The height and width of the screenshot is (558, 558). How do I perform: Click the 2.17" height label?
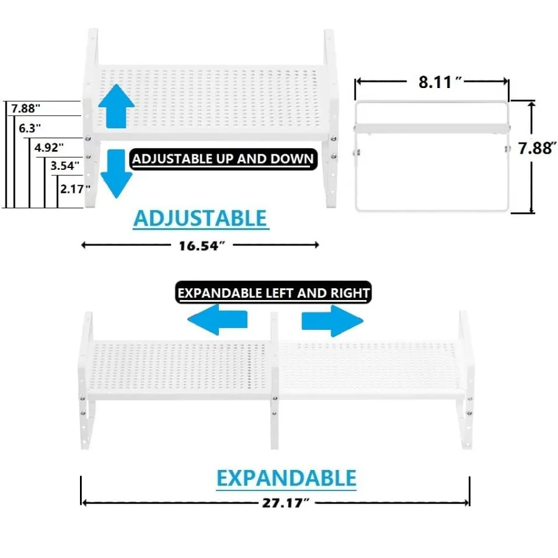[75, 189]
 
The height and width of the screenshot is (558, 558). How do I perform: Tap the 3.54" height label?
[64, 166]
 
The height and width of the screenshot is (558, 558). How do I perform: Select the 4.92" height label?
[49, 148]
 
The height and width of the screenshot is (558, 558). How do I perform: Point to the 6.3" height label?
[30, 128]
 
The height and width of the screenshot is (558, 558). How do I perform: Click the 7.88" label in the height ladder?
[25, 108]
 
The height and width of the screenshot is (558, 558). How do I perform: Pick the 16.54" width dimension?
[201, 246]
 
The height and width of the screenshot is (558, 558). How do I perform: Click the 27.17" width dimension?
[286, 503]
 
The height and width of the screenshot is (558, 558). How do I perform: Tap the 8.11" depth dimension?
[440, 82]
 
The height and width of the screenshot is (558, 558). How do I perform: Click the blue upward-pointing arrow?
[117, 107]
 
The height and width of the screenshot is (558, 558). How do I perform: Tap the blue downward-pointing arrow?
[117, 174]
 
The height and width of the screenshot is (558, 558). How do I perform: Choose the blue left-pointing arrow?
[218, 319]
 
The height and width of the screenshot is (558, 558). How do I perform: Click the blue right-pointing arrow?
[332, 321]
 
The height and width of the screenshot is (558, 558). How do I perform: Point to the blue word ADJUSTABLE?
[200, 218]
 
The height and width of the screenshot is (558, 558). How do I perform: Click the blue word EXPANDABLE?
[286, 478]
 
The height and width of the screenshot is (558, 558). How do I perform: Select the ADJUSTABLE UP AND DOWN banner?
[223, 159]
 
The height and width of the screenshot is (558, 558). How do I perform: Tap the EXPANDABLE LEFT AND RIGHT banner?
[273, 293]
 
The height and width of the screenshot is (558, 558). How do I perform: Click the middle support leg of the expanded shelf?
[275, 381]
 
